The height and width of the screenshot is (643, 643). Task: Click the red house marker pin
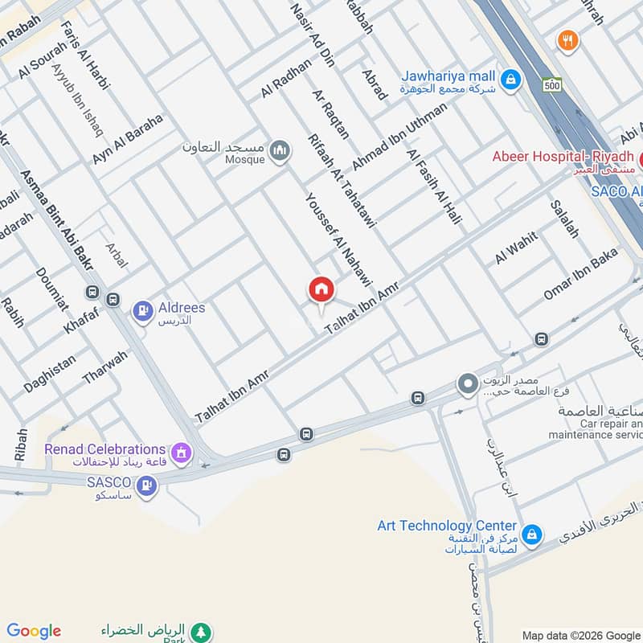click(321, 290)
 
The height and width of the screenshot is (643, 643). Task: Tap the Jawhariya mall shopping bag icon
click(509, 80)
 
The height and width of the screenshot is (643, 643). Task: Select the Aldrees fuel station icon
click(143, 309)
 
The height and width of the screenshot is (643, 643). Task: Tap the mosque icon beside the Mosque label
click(280, 151)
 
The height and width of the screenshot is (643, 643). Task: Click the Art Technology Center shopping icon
click(530, 534)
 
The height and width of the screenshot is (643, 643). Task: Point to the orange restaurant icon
click(568, 41)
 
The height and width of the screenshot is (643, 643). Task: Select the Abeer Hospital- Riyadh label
click(563, 156)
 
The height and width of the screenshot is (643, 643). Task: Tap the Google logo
click(34, 631)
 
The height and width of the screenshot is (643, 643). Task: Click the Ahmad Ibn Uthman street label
click(399, 136)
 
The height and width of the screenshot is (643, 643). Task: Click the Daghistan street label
click(50, 374)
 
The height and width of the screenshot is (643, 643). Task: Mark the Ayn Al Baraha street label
click(127, 139)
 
